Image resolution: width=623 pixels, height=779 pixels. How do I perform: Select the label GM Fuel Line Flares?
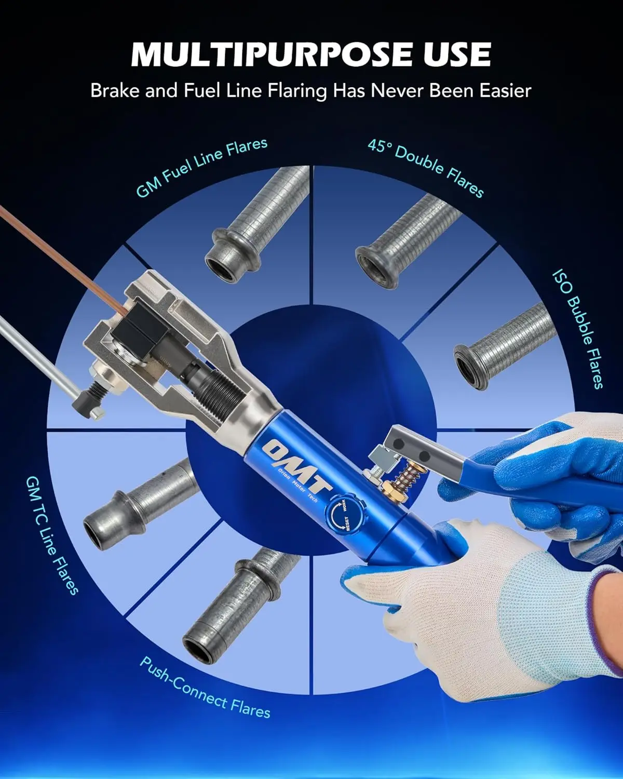coord(201,167)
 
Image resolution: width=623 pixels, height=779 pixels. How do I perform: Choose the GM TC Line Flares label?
coord(52,535)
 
